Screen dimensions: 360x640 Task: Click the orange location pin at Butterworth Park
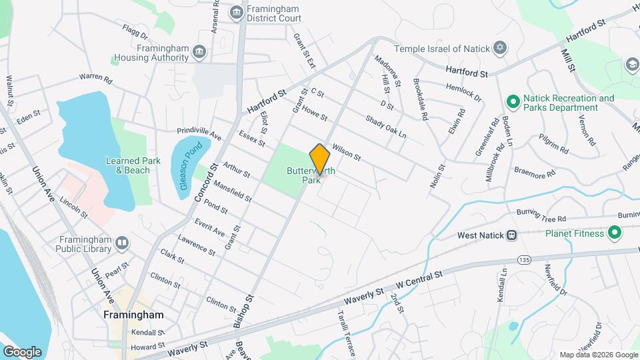[x=320, y=159]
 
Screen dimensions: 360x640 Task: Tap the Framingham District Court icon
[x=236, y=13]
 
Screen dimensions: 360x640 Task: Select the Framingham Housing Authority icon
[x=199, y=53]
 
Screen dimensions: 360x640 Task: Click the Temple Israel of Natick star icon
[x=500, y=48]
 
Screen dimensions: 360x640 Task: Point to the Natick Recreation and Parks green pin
[x=513, y=103]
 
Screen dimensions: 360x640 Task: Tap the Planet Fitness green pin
[x=614, y=233]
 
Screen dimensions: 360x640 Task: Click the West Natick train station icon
[x=511, y=235]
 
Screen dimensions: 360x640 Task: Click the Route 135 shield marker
[x=523, y=258]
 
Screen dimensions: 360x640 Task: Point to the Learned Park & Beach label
[x=133, y=165]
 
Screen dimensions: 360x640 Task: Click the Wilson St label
[x=346, y=153]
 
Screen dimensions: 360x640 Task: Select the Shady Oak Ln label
[x=385, y=127]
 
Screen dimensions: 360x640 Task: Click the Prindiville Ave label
[x=199, y=134]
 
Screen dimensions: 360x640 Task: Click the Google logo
[x=22, y=351]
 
